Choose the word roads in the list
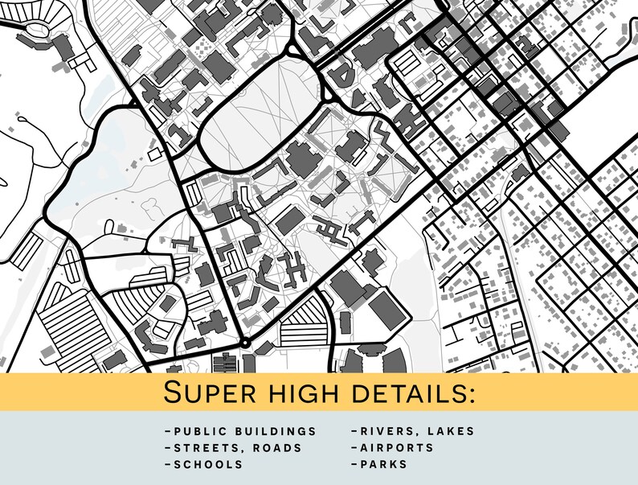(x=275, y=447)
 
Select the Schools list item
(x=208, y=464)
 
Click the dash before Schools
(x=167, y=464)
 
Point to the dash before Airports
(x=353, y=447)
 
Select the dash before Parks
(x=353, y=464)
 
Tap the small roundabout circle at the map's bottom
(x=245, y=344)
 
